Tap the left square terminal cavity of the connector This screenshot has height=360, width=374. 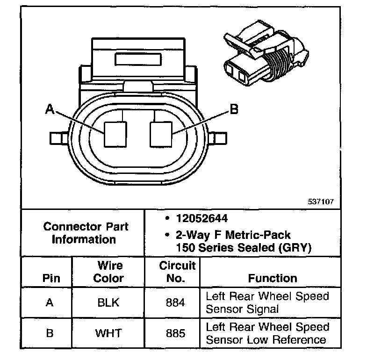coord(115,133)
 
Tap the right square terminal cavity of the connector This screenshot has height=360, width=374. coord(161,133)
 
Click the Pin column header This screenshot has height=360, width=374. coord(51,278)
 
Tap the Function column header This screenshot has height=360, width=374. coord(272,278)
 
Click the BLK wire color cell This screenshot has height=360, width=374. coord(108,302)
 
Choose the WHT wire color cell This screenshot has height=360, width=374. coord(108,333)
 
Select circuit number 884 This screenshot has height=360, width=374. coord(175,302)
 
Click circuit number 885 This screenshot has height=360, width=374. coord(175,333)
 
